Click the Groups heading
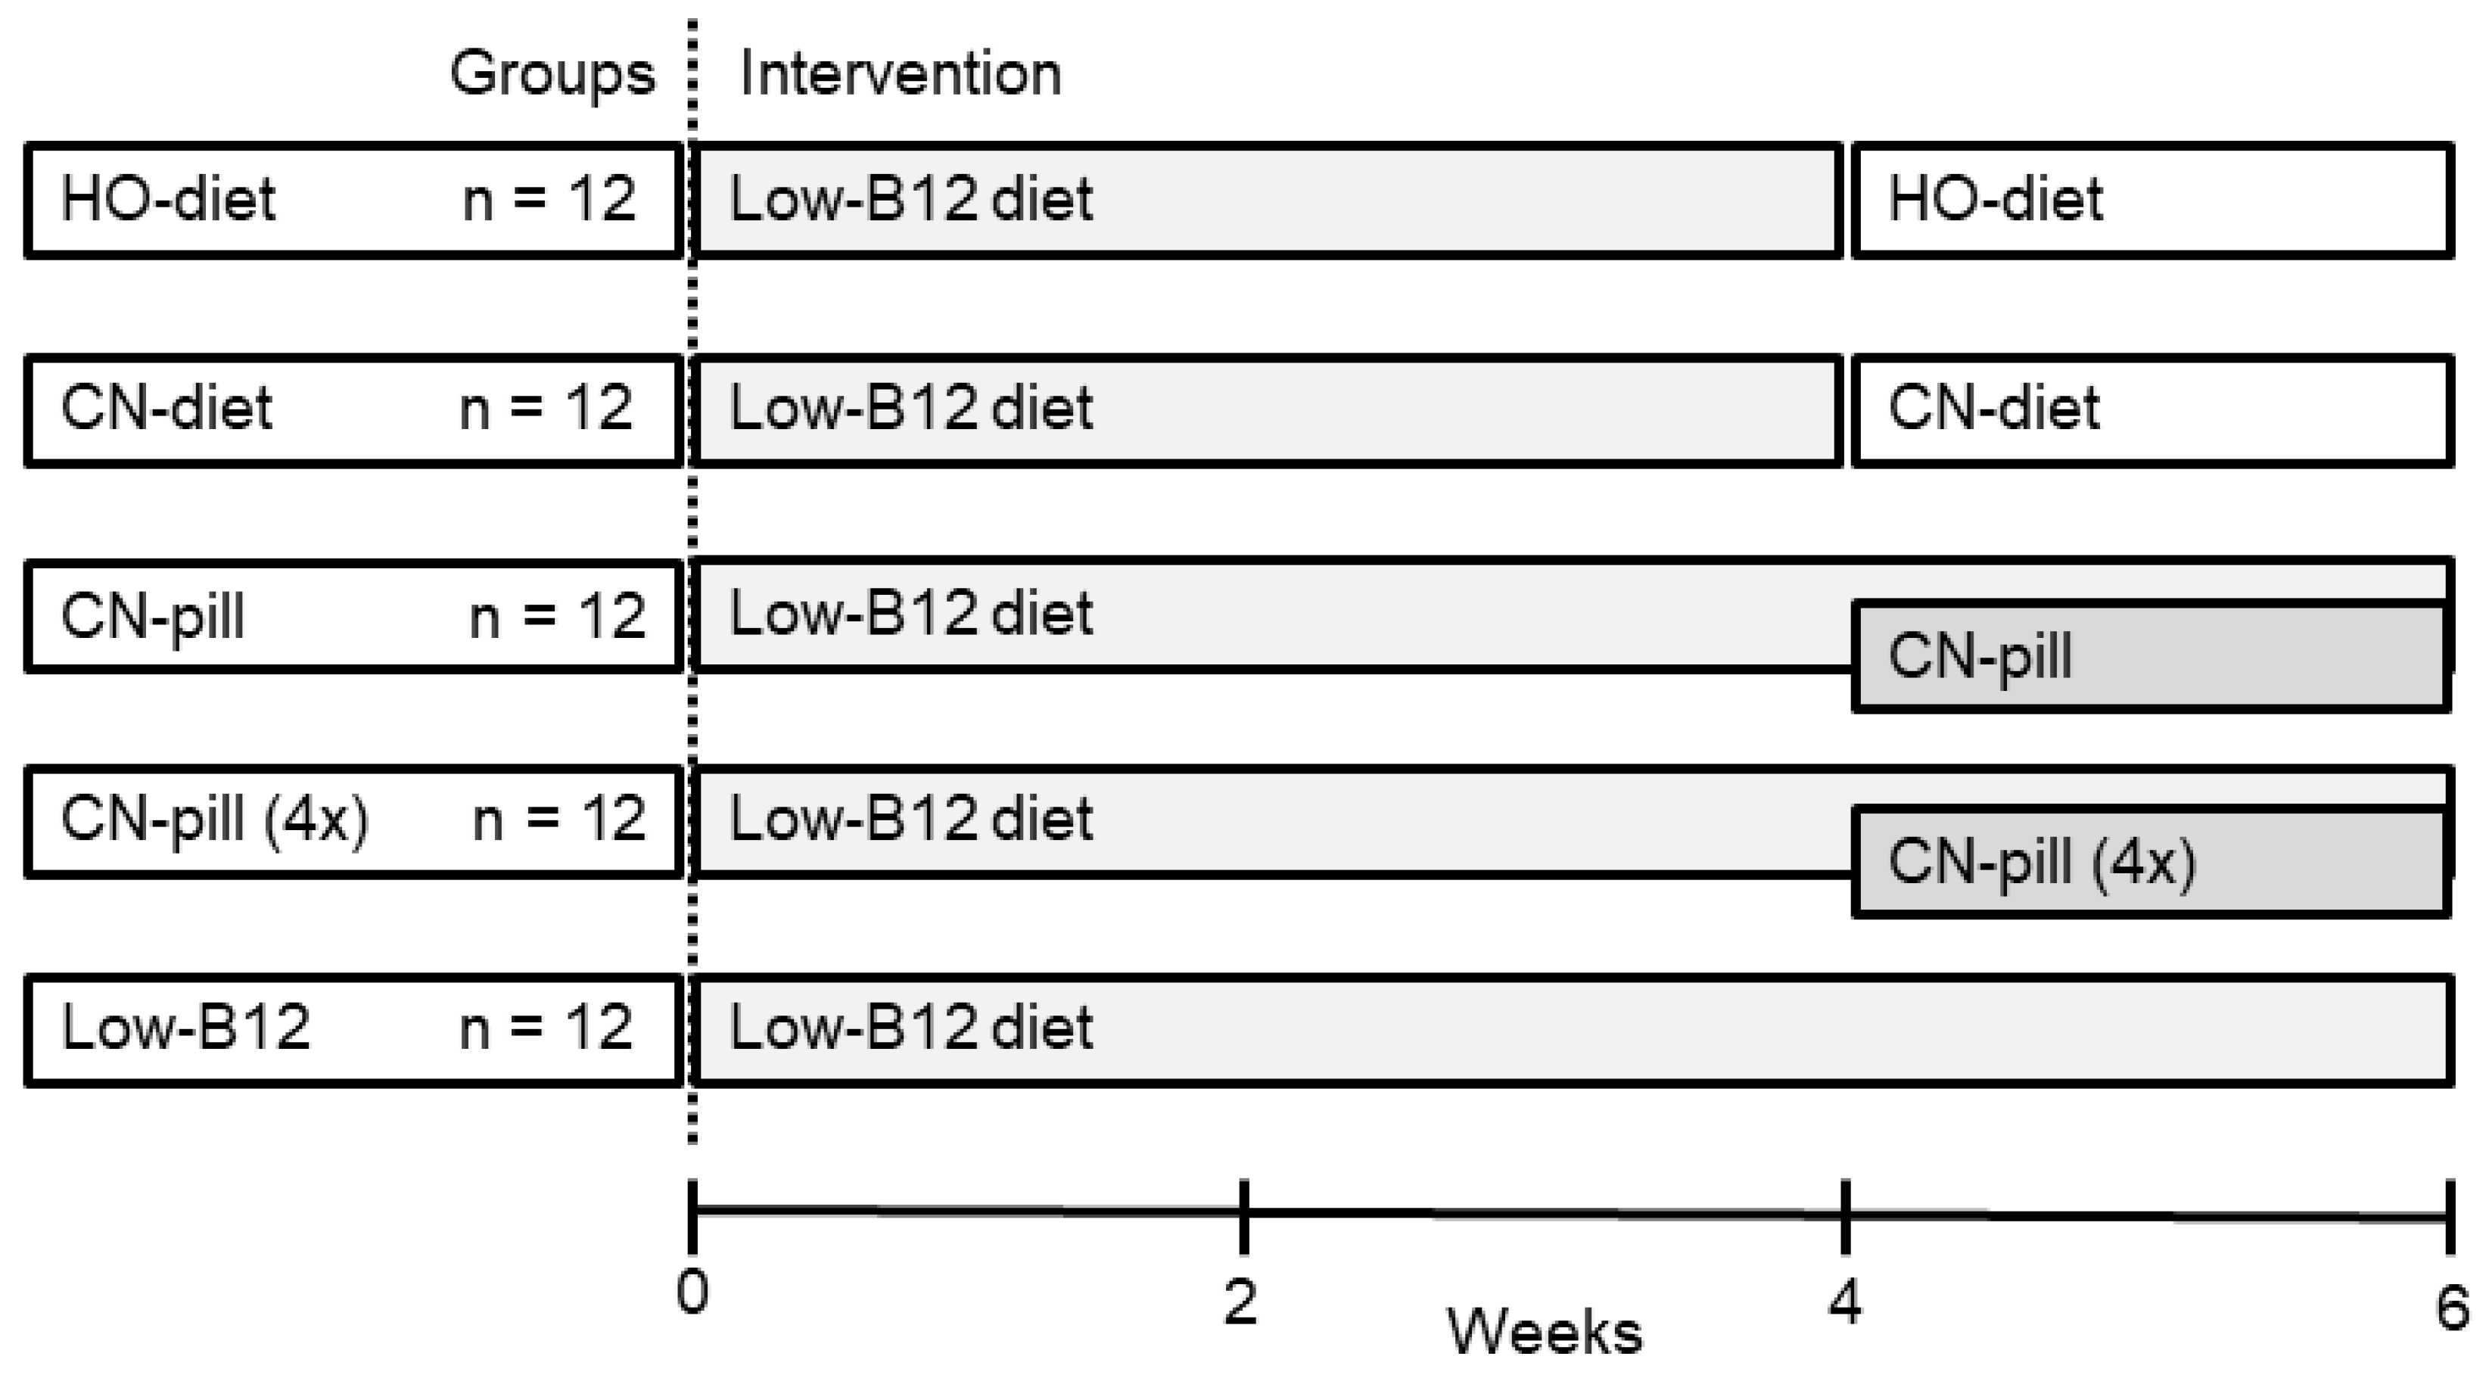[552, 74]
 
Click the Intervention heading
[900, 74]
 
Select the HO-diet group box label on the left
[168, 200]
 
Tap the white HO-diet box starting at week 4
[2152, 200]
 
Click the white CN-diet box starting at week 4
[2152, 409]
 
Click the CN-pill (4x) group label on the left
[214, 820]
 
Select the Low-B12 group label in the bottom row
[185, 1028]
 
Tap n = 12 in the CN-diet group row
[546, 408]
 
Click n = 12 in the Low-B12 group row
[546, 1028]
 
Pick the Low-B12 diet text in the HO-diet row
[911, 200]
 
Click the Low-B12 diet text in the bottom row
[911, 1028]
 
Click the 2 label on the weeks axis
[1241, 1302]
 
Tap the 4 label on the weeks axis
[1844, 1302]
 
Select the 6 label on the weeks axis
[2452, 1308]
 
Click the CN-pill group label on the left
[152, 617]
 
